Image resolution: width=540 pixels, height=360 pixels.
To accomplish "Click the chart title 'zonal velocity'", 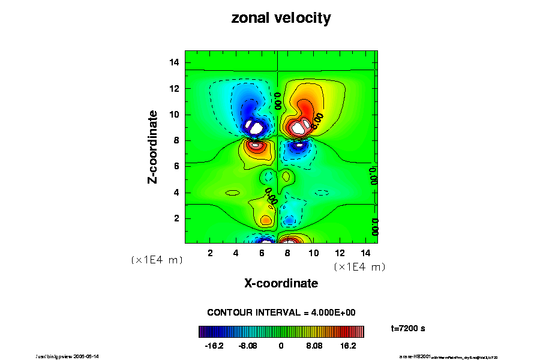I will (281, 19).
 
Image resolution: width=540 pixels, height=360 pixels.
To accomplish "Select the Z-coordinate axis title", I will (154, 146).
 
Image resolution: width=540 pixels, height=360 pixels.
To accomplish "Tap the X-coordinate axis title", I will (281, 283).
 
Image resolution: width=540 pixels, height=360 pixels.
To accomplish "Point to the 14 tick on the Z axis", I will (175, 62).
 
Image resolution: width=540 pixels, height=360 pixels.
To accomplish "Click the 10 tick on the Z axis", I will (175, 115).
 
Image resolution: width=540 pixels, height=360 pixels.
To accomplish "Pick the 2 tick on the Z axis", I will (178, 218).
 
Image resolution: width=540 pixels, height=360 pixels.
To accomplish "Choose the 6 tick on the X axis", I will (262, 253).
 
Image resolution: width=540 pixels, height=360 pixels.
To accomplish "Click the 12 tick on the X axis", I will (339, 253).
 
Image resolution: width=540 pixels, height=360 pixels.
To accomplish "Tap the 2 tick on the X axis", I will (210, 253).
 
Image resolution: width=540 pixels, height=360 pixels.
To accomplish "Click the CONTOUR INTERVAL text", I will (281, 313).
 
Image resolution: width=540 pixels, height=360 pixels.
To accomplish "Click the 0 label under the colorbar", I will (281, 346).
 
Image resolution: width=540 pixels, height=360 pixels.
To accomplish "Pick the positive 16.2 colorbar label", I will (349, 346).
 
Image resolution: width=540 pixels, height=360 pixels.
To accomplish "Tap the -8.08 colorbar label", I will (247, 346).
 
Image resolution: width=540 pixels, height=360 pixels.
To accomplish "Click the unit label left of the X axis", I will (157, 260).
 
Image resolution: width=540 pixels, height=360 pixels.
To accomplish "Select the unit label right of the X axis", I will (359, 266).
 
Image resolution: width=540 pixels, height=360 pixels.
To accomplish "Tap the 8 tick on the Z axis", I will (178, 140).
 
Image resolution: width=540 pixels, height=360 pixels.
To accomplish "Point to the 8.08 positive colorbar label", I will (314, 346).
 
